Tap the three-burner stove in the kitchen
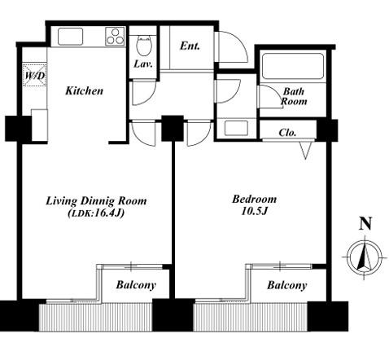(115, 36)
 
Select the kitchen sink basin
(70, 37)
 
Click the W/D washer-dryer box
(35, 75)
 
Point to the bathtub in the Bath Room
(293, 67)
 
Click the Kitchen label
(85, 90)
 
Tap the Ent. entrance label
(190, 46)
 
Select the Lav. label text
(143, 64)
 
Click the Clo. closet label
(287, 133)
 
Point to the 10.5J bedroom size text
(255, 211)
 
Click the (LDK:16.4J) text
(96, 213)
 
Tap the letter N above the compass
(365, 224)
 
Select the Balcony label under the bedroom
(287, 285)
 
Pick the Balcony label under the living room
(136, 285)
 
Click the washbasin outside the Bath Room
(236, 128)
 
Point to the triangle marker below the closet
(305, 151)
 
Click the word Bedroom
(255, 200)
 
